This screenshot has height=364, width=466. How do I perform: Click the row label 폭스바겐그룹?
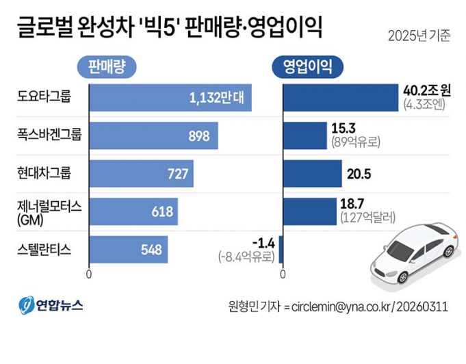pos(48,135)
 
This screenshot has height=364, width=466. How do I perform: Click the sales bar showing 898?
pos(154,135)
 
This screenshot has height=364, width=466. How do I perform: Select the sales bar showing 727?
pos(142,174)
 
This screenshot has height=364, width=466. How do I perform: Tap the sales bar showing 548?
pos(129,250)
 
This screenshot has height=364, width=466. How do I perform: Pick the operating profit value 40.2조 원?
pos(427,91)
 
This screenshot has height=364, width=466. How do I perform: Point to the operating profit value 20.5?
pos(359,174)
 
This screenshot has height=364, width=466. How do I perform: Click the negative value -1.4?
pos(263,244)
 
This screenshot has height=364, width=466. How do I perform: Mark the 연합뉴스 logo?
pos(51,305)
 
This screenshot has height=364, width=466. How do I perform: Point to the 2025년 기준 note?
pos(419,36)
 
